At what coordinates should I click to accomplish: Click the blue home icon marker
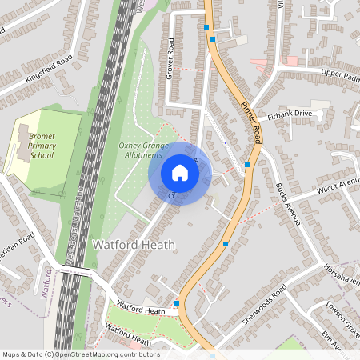pyautogui.click(x=180, y=173)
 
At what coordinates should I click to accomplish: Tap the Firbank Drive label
pyautogui.click(x=289, y=114)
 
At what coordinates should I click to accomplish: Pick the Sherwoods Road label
pyautogui.click(x=264, y=308)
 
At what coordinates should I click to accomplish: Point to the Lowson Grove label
pyautogui.click(x=343, y=314)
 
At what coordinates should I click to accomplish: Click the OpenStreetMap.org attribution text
pyautogui.click(x=80, y=354)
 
